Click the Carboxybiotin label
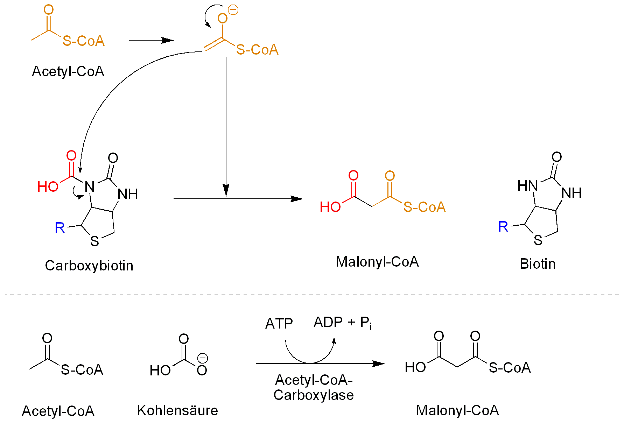click(x=89, y=266)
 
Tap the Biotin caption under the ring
click(x=538, y=264)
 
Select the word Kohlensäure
click(x=177, y=410)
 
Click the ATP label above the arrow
click(x=279, y=324)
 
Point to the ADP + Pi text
click(x=343, y=323)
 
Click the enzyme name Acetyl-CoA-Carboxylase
click(x=314, y=387)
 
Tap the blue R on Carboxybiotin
click(x=60, y=228)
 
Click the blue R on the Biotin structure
click(x=503, y=227)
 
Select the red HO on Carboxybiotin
click(x=48, y=187)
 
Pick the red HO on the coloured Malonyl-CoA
click(x=330, y=207)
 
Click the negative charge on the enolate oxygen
click(x=233, y=10)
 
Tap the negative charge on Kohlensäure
click(x=203, y=358)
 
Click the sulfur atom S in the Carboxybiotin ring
click(x=94, y=241)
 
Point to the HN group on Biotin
click(x=527, y=186)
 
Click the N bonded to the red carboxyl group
click(x=90, y=187)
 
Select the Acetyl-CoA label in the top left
click(x=68, y=71)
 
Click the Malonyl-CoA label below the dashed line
click(x=457, y=410)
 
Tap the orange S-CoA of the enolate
click(x=257, y=50)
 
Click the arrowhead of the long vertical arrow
click(x=226, y=191)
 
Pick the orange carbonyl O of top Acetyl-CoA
click(x=49, y=10)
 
